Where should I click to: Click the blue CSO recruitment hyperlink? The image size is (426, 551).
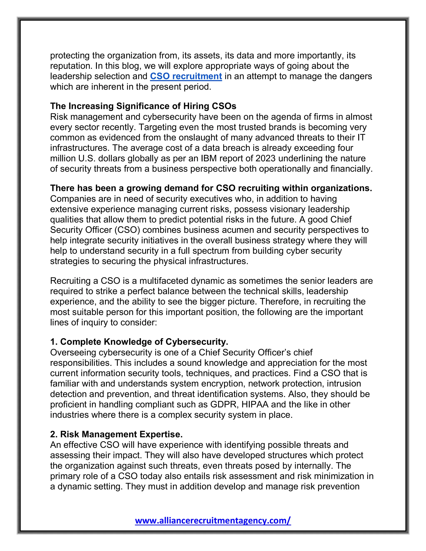click(186, 76)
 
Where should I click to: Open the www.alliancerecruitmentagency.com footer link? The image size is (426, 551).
click(213, 520)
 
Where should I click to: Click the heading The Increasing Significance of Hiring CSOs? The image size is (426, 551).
click(143, 106)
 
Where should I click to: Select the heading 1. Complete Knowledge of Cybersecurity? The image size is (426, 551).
click(139, 342)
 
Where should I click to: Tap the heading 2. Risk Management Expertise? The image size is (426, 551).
click(116, 434)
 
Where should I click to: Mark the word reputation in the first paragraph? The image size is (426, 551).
click(71, 66)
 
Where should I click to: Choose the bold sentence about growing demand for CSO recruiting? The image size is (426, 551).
click(211, 188)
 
